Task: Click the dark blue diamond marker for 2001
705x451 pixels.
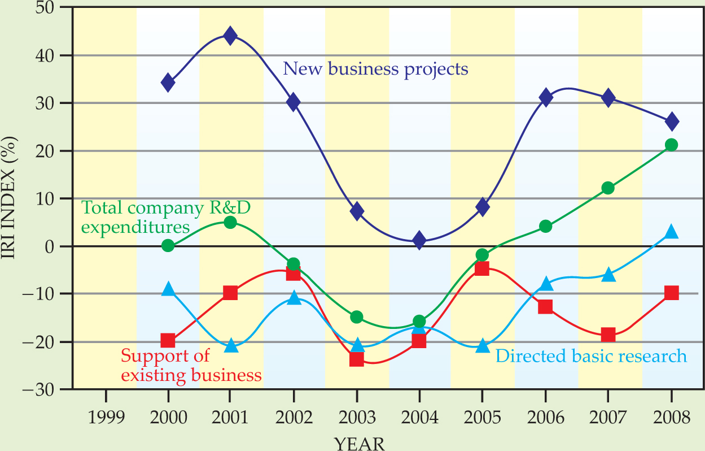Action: pos(230,36)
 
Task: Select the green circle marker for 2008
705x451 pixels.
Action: pos(671,145)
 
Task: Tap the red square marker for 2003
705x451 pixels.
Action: pos(357,359)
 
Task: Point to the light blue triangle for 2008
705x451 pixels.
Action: pos(671,232)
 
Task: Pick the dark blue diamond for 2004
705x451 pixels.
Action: pos(419,240)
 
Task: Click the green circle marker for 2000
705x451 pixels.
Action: pos(168,245)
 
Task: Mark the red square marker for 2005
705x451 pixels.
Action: pos(481,268)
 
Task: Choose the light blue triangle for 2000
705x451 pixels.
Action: pos(168,289)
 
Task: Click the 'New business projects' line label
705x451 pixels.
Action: pos(375,69)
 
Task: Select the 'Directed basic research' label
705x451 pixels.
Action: pos(591,356)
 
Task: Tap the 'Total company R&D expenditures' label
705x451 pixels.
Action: pos(167,218)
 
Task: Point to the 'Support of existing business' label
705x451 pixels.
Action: pos(191,365)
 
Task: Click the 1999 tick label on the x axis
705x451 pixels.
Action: pos(105,418)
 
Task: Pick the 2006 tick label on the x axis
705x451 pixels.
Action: pos(545,418)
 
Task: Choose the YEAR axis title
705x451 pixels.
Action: pos(360,443)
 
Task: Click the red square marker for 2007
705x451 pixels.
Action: pos(608,335)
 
